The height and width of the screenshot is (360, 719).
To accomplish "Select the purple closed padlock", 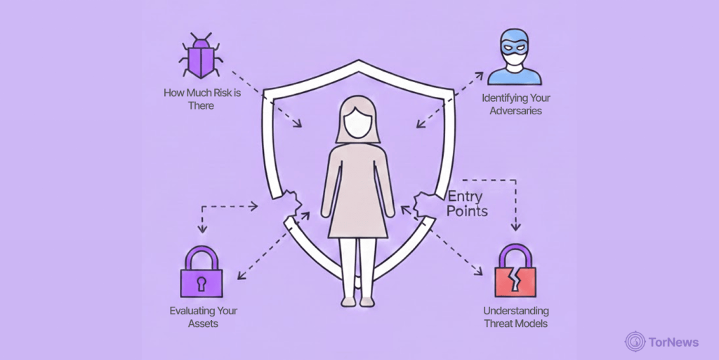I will pyautogui.click(x=201, y=274).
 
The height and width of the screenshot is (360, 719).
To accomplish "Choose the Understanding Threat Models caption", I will pyautogui.click(x=515, y=316).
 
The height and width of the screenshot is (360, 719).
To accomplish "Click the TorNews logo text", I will pyautogui.click(x=675, y=342).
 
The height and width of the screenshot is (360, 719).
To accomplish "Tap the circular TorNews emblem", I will pyautogui.click(x=635, y=342).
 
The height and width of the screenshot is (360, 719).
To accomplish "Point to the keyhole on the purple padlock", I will pyautogui.click(x=201, y=282).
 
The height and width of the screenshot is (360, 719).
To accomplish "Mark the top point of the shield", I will pyautogui.click(x=359, y=62).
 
